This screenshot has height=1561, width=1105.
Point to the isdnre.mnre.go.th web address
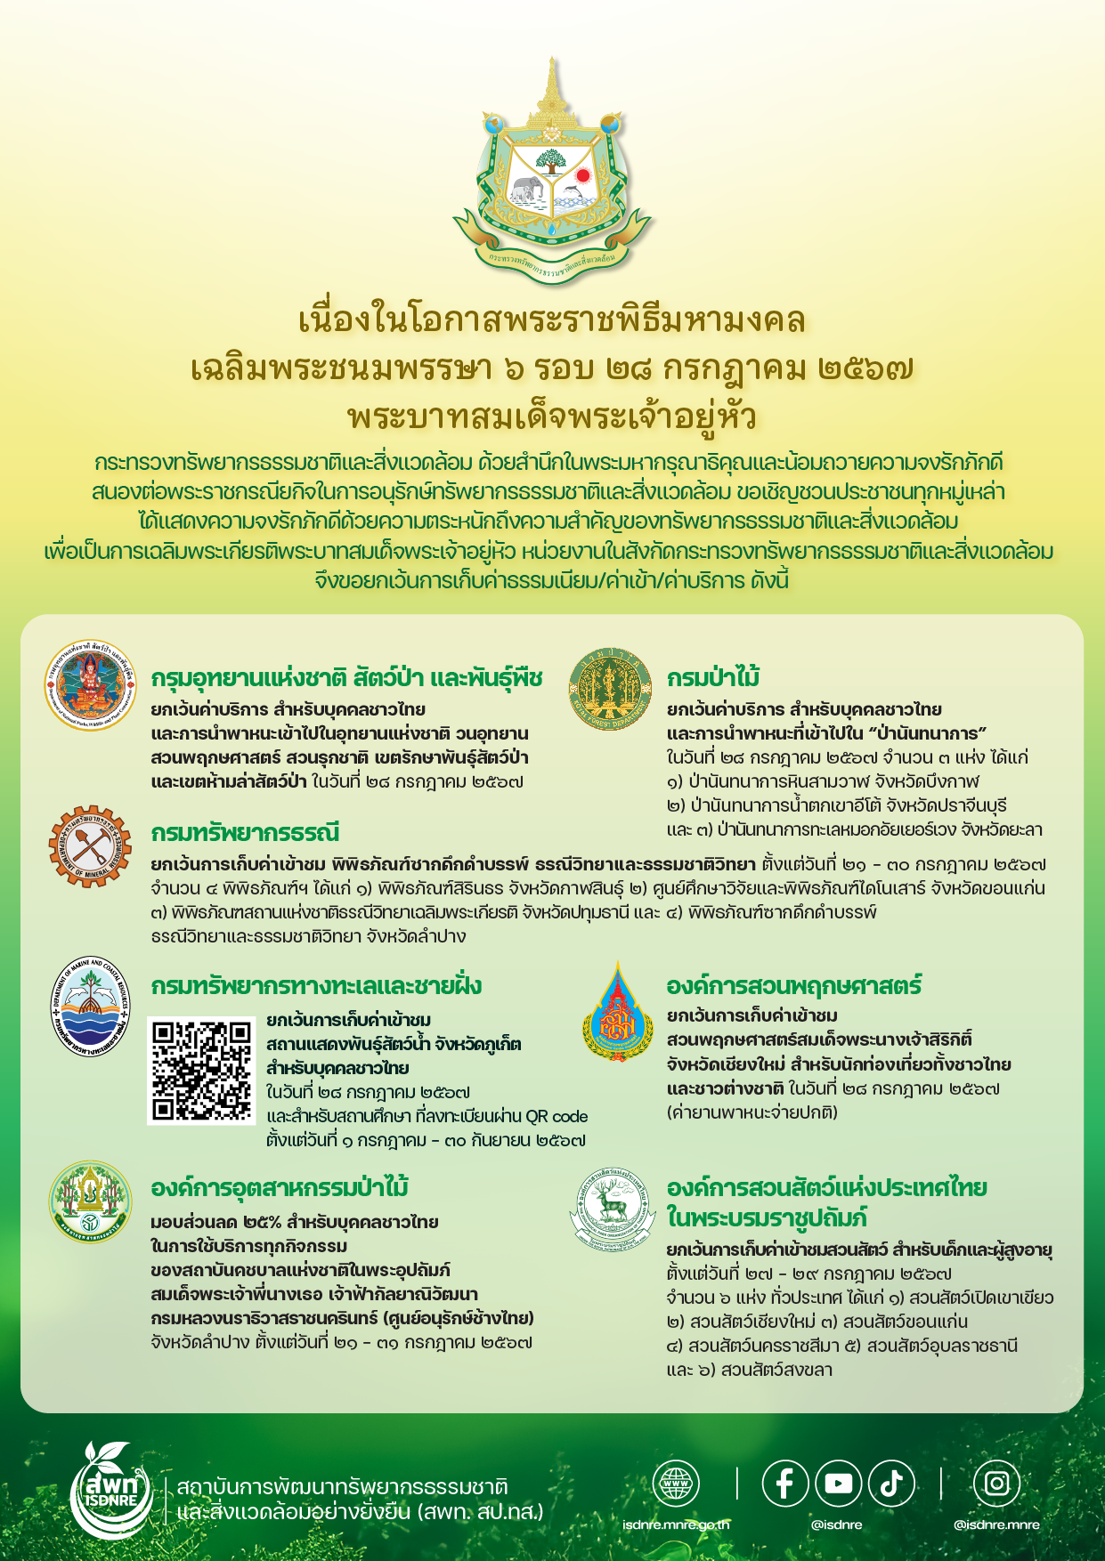pos(676,1525)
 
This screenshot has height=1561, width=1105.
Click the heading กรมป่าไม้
pos(713,678)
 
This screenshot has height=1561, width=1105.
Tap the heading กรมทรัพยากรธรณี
pos(245,833)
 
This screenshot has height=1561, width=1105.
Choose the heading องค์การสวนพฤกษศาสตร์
pos(793,986)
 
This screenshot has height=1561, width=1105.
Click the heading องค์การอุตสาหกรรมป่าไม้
pos(280,1188)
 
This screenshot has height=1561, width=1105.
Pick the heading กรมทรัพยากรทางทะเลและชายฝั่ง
pos(316,986)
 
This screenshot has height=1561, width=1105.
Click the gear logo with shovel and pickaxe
pos(89,845)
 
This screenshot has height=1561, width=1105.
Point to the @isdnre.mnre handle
pos(996,1525)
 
